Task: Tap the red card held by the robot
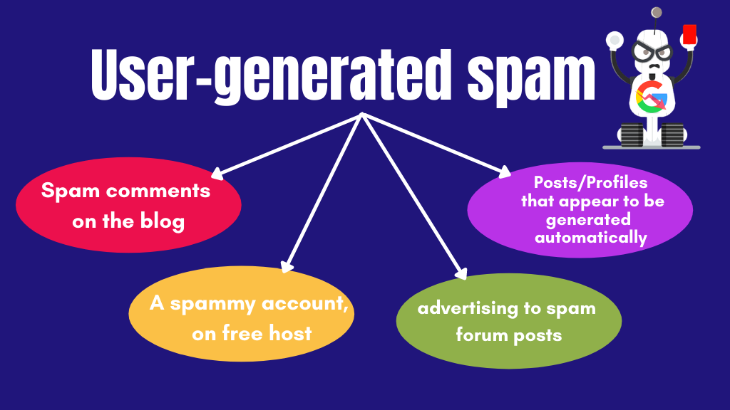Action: tap(689, 35)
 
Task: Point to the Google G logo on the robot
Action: tap(651, 98)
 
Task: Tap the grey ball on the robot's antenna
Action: tap(657, 12)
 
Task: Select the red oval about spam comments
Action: tap(128, 206)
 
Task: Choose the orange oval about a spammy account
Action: tap(241, 313)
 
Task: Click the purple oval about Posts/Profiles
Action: tap(580, 211)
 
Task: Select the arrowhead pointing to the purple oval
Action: tap(505, 172)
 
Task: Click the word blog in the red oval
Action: tap(160, 221)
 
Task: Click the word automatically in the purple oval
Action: tap(591, 237)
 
